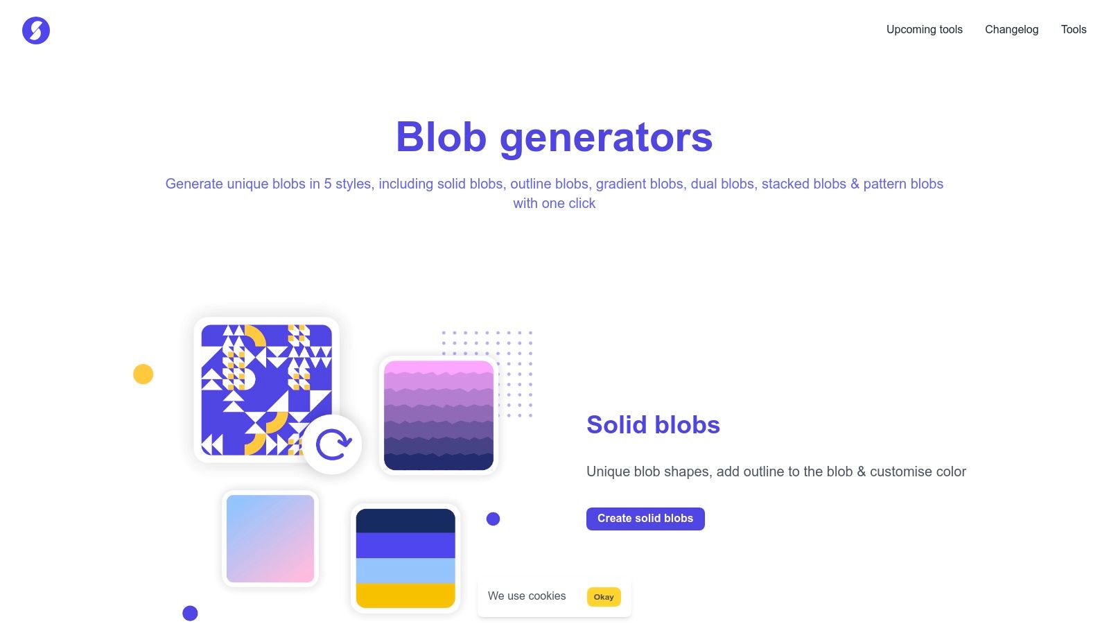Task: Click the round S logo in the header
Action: click(x=36, y=31)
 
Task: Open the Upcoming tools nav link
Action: click(x=924, y=29)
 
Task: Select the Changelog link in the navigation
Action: click(x=1011, y=29)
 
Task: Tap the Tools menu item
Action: click(x=1073, y=29)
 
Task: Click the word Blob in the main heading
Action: click(x=441, y=137)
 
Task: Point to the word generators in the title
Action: click(x=606, y=138)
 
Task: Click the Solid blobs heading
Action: click(x=653, y=424)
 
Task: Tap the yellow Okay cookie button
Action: click(x=604, y=597)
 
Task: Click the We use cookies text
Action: click(x=527, y=596)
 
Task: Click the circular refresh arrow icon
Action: click(x=333, y=444)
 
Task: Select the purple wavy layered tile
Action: click(x=439, y=415)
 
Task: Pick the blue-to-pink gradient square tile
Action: click(x=270, y=539)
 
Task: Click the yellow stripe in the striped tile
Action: click(x=405, y=595)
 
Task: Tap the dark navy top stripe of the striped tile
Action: click(x=405, y=521)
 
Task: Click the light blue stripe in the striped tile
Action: click(x=405, y=571)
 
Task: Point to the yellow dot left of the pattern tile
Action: click(x=143, y=374)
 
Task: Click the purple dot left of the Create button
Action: click(x=493, y=519)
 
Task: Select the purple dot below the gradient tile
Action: click(x=190, y=613)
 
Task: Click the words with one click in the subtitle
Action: click(x=554, y=203)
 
